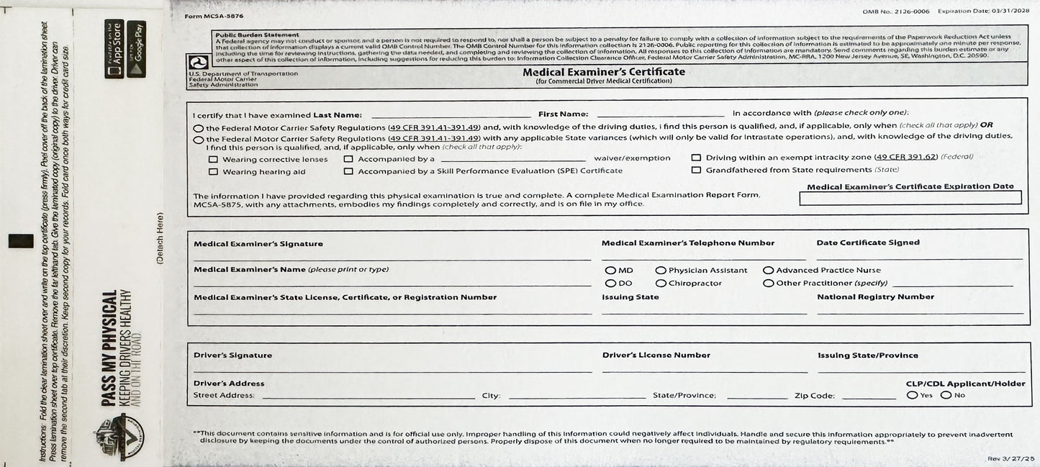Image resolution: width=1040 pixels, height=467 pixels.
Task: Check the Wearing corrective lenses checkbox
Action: [x=213, y=159]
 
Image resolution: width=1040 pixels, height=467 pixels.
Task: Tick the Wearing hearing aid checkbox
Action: [x=213, y=172]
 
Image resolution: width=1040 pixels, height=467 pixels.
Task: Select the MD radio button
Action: [x=610, y=271]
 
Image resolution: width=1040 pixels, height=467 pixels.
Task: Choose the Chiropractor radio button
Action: [x=661, y=284]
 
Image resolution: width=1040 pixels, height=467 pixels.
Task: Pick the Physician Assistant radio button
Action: [x=661, y=271]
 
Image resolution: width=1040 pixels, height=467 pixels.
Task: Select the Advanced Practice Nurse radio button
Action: [x=769, y=271]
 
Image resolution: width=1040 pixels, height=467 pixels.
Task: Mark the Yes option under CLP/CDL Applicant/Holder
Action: [x=913, y=395]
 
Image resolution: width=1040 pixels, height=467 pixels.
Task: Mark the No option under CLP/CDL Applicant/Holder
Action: [x=946, y=395]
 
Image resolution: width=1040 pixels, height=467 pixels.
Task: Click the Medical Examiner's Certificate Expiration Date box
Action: [x=910, y=198]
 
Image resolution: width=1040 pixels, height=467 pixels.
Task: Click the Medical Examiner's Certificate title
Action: [x=604, y=72]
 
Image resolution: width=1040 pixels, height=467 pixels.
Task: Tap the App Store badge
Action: [x=114, y=49]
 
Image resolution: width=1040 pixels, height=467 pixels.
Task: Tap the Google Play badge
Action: [x=136, y=49]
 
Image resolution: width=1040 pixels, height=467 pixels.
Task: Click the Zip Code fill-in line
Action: [x=869, y=396]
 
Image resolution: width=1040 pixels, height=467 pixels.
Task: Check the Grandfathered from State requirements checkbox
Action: [x=696, y=171]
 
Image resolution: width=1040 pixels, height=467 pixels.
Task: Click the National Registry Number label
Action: [x=875, y=296]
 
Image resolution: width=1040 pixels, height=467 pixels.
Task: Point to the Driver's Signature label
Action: [x=232, y=355]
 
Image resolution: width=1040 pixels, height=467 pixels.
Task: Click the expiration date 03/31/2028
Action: [x=1010, y=12]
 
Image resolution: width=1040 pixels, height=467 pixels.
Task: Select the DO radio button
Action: [x=610, y=284]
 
